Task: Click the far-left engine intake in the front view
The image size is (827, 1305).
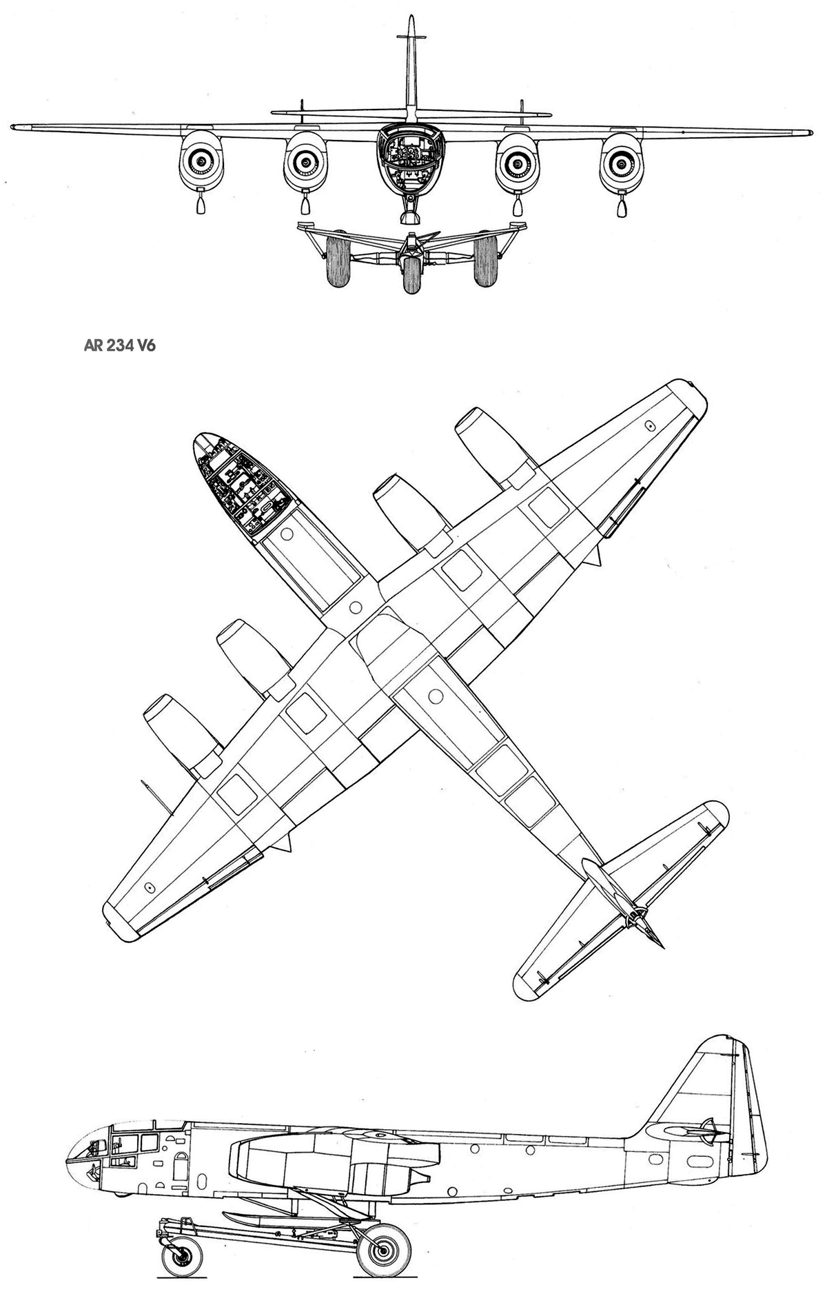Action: coord(201,161)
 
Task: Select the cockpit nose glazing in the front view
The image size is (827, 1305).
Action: coord(411,157)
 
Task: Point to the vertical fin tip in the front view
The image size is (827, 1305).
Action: coord(411,17)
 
